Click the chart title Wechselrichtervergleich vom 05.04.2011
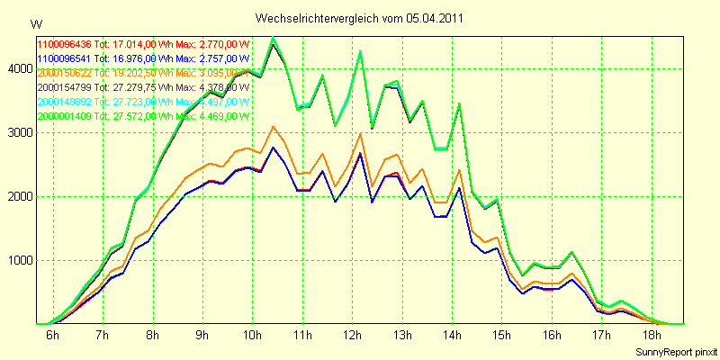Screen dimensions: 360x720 coord(360,18)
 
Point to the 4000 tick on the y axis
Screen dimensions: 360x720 coord(20,68)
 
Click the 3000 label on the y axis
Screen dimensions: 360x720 coord(20,132)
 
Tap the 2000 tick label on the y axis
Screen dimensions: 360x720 coord(20,196)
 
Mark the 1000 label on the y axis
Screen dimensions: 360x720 coord(20,261)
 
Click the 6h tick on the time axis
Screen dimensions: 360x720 coord(52,335)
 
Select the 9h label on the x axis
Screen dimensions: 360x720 coord(202,335)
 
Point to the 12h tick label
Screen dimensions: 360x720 coord(352,335)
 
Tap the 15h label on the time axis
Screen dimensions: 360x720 coord(502,335)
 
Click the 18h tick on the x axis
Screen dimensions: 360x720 coord(652,335)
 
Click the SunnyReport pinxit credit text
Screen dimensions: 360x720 coord(676,350)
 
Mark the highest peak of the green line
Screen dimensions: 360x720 coord(274,38)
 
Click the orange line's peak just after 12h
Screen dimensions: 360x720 coord(360,134)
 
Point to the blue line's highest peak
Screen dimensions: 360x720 coord(274,148)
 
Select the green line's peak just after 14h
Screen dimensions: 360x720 coord(460,104)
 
